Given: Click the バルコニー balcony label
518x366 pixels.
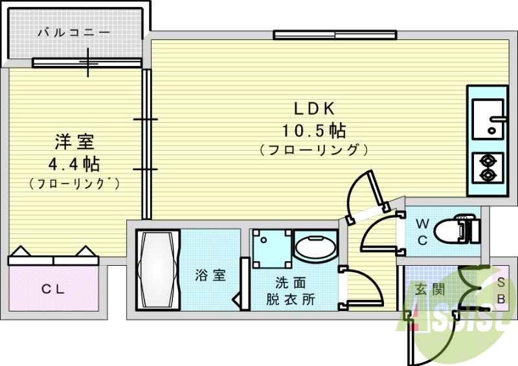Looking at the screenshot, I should click(x=74, y=32).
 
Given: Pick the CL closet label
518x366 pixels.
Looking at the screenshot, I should click(x=53, y=290).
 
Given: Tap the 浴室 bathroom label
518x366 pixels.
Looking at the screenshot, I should click(x=210, y=275).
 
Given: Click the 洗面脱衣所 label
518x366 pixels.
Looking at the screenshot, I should click(x=291, y=291).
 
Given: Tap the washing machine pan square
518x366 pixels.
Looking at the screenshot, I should click(x=269, y=246).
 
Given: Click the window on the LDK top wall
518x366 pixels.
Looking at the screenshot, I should click(x=334, y=35).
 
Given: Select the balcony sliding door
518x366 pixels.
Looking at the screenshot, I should click(x=87, y=63).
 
